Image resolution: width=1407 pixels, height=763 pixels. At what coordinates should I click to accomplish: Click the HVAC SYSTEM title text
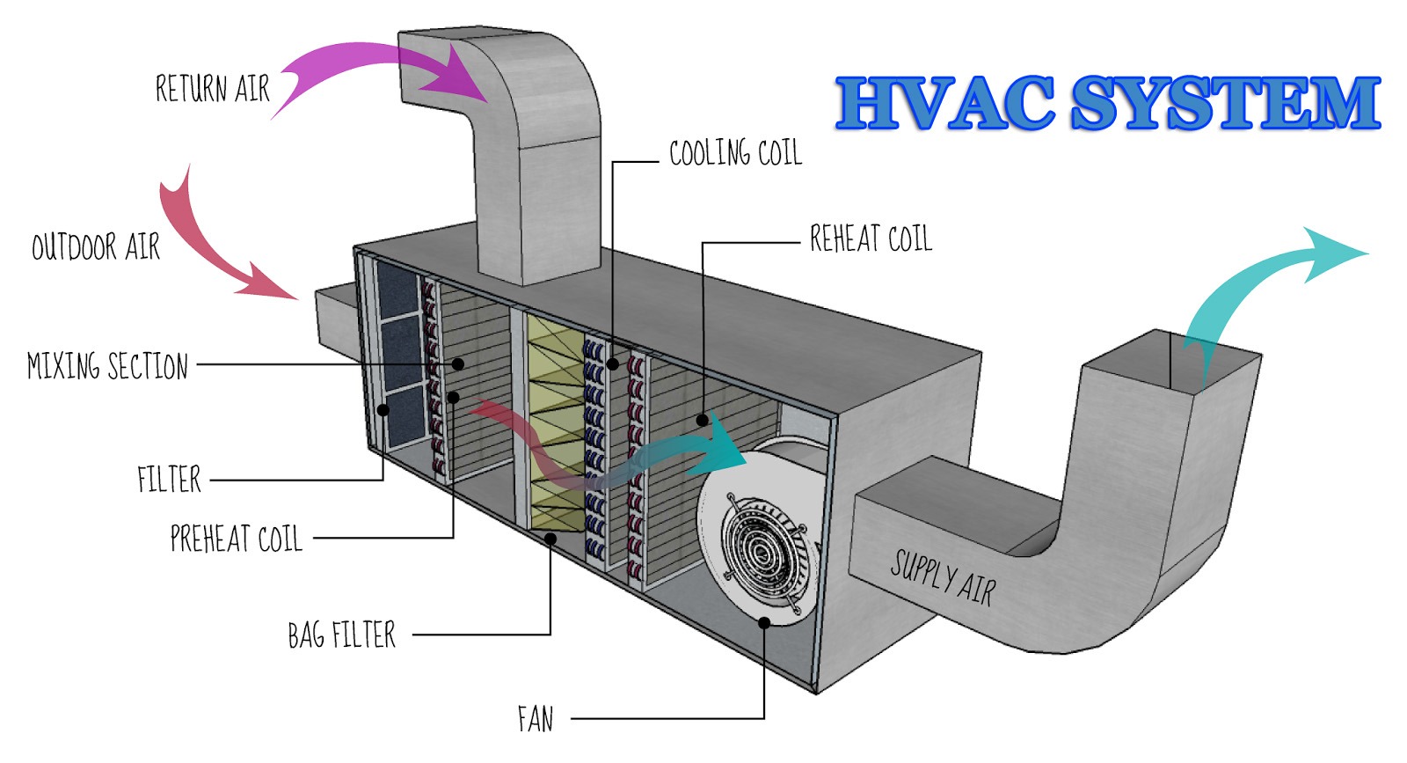(1108, 103)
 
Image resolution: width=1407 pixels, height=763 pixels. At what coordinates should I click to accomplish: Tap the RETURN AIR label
(212, 89)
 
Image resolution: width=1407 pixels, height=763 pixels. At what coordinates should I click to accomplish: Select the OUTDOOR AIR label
(96, 247)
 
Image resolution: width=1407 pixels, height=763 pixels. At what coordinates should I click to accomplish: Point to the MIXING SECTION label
(107, 365)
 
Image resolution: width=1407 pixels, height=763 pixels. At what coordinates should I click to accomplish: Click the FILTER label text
(169, 480)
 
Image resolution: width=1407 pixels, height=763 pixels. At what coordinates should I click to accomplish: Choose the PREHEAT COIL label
(236, 539)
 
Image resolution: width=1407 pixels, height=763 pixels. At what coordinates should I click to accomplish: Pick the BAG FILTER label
(341, 635)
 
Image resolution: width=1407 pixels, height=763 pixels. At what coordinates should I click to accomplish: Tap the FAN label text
(536, 719)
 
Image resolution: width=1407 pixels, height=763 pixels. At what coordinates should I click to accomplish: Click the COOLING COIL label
(735, 153)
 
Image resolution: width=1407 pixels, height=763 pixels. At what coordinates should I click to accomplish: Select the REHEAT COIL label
(870, 238)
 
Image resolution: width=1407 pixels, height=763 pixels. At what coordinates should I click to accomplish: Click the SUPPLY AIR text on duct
(943, 578)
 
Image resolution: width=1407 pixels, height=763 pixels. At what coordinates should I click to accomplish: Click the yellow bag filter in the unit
(554, 422)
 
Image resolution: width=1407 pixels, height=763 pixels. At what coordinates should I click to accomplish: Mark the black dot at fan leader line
(764, 621)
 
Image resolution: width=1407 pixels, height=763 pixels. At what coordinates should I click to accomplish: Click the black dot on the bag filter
(550, 537)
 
